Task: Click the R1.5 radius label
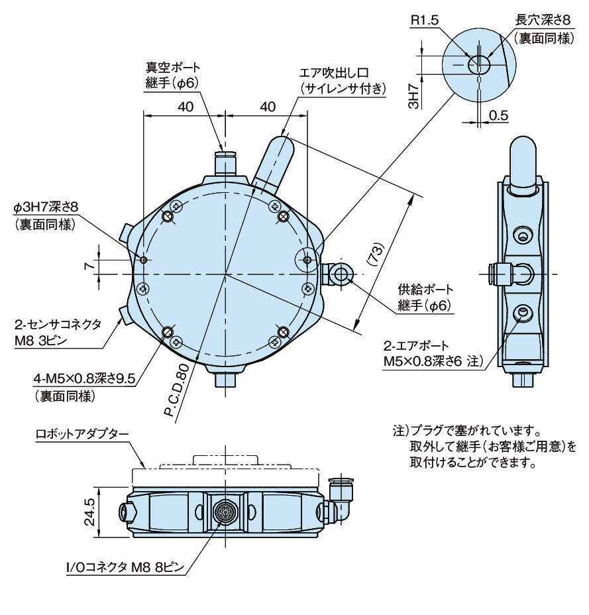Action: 425,21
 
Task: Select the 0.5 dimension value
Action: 498,115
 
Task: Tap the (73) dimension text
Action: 375,254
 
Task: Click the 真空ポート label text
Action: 172,68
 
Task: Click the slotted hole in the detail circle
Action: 479,64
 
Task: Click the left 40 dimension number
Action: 186,107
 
